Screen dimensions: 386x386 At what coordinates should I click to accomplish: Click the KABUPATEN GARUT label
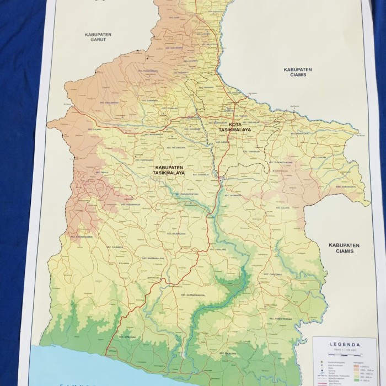tap(98, 36)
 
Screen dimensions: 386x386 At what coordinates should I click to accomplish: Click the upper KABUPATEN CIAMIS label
tap(298, 72)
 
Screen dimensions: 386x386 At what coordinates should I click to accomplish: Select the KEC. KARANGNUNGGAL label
tap(195, 295)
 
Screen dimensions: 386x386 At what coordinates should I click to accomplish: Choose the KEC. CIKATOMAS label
tap(273, 274)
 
